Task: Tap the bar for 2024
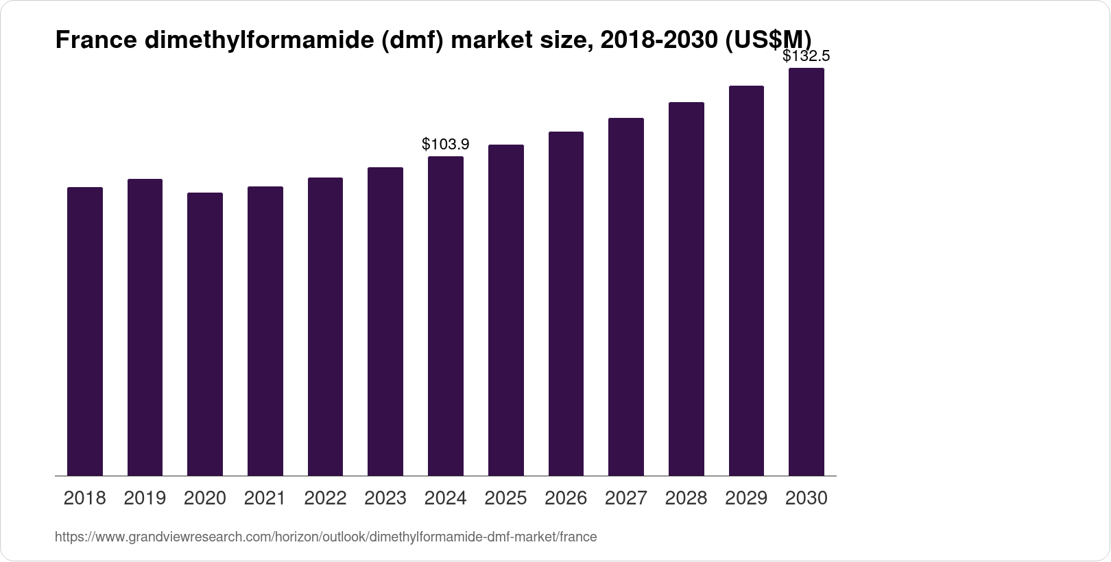446,316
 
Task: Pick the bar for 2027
626,297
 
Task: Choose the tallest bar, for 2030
807,272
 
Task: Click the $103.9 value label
446,144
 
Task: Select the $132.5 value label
807,56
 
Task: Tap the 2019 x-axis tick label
145,498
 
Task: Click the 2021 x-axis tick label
265,498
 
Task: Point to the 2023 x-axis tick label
385,498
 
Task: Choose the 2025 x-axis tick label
505,498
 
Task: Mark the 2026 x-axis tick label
566,498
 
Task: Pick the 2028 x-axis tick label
686,498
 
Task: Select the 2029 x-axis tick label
746,498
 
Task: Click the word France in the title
96,41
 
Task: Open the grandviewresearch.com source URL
326,537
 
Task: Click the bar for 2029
746,281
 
